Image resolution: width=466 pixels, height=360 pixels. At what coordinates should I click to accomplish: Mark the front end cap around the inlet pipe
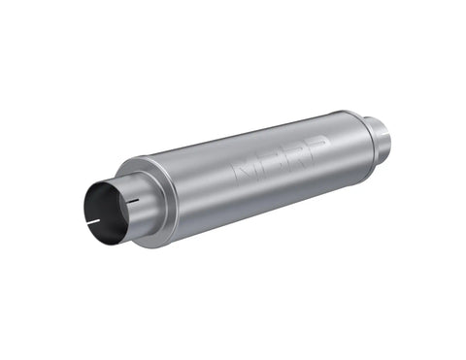[146, 208]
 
